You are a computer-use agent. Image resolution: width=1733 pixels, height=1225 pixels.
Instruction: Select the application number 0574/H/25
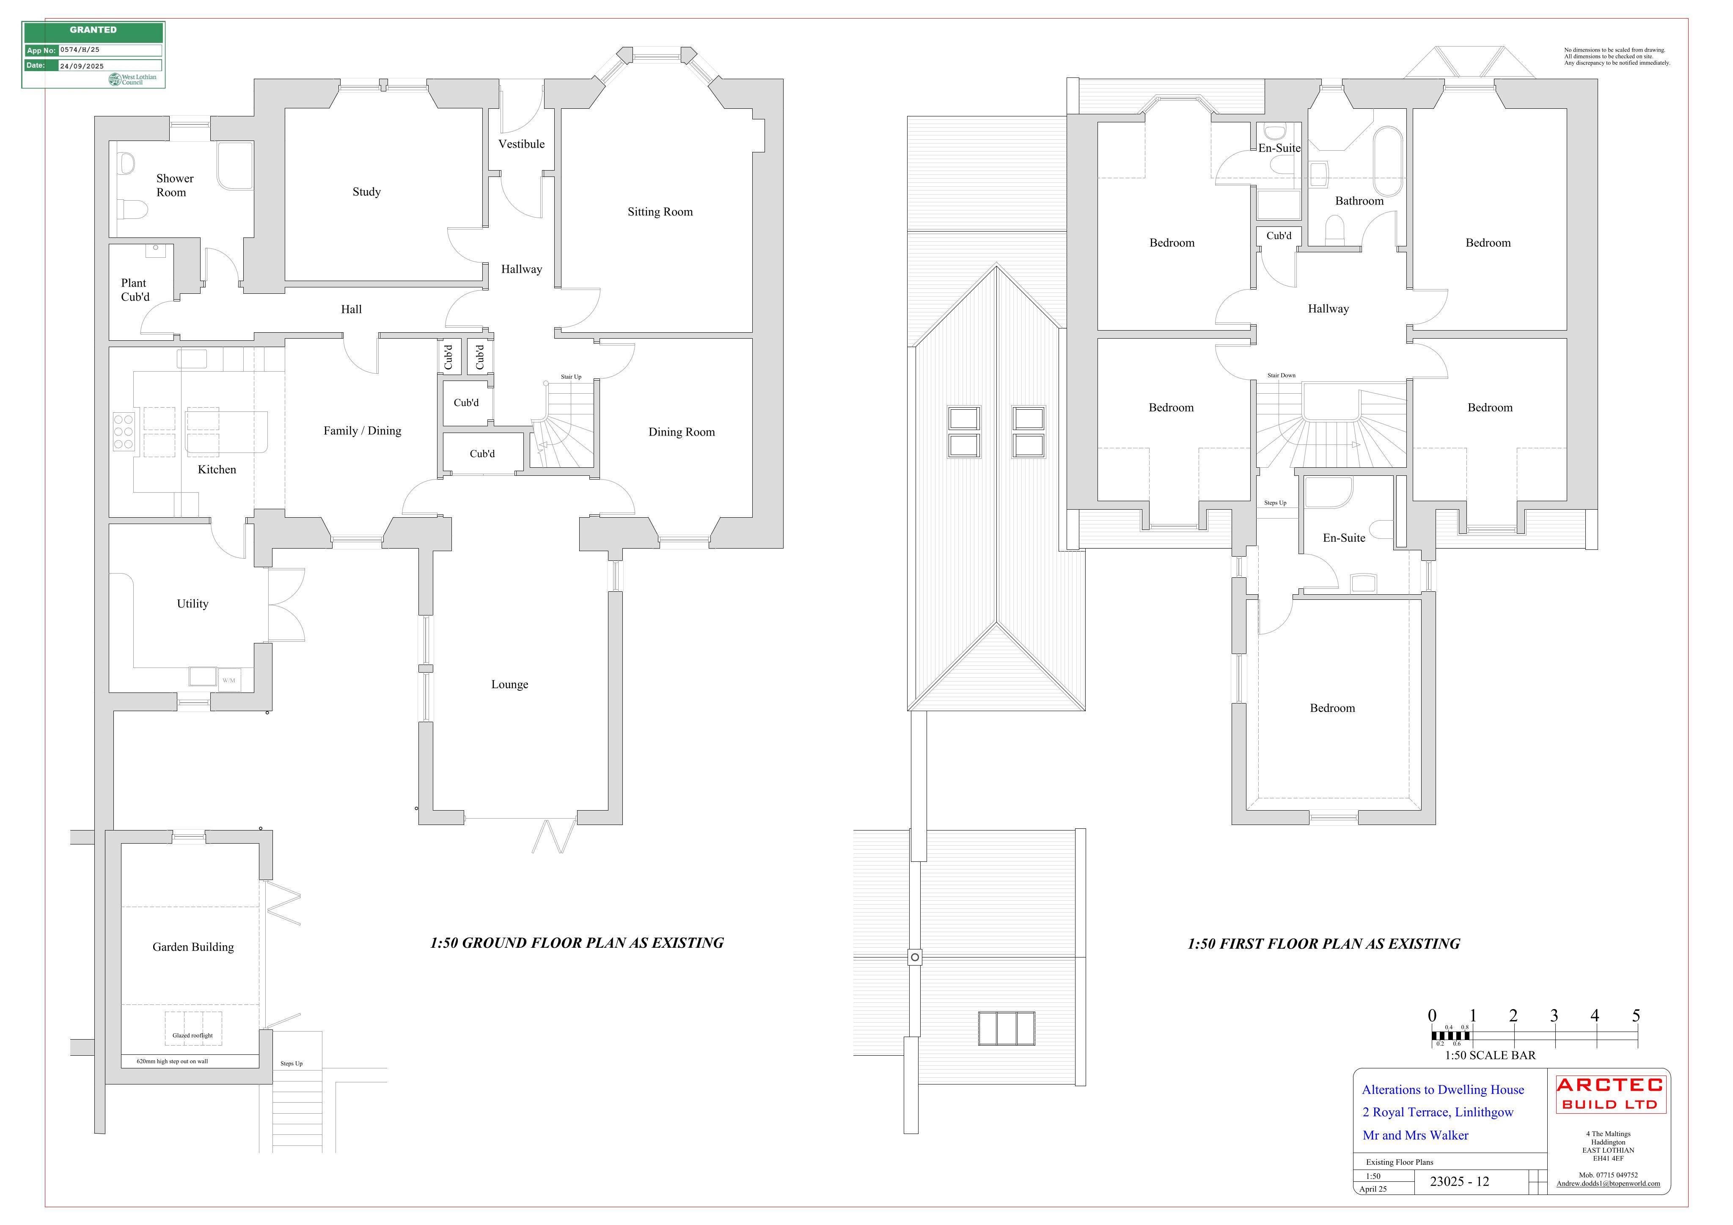tap(80, 50)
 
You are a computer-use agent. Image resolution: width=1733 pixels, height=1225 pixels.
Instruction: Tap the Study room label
tap(367, 192)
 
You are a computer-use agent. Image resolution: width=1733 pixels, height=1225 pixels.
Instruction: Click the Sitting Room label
tap(660, 212)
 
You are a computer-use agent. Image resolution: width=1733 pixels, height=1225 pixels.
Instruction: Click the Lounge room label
tap(509, 685)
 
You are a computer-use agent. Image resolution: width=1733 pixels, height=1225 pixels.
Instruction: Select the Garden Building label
tap(193, 947)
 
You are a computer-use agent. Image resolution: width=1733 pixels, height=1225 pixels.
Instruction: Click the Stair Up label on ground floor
tap(571, 377)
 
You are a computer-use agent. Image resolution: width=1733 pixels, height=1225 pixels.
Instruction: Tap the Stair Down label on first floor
tap(1282, 375)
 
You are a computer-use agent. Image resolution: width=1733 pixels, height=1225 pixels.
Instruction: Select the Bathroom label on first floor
tap(1359, 201)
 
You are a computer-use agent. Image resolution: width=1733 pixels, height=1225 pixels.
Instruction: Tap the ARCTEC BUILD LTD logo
tap(1609, 1094)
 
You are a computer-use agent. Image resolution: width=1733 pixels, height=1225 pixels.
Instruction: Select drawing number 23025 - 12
tap(1460, 1182)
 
